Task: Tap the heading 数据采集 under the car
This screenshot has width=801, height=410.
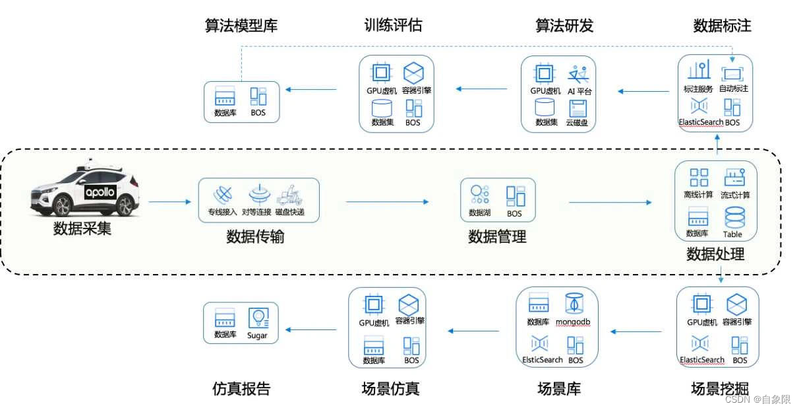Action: [82, 229]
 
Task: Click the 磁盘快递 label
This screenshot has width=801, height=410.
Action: [290, 213]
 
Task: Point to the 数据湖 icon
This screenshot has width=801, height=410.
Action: [479, 194]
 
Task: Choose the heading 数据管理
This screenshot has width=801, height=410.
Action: [497, 236]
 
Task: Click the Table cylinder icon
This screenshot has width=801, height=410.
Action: [734, 217]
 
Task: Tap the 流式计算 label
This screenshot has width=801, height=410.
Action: [735, 195]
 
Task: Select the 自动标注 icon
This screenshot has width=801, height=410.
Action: [732, 73]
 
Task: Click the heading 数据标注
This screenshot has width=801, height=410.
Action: [722, 26]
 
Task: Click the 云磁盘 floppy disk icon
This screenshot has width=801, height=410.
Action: [578, 108]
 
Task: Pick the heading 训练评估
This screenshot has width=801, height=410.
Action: [393, 26]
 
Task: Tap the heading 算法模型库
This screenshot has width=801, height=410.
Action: [241, 26]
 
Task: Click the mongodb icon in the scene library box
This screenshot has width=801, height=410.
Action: [573, 304]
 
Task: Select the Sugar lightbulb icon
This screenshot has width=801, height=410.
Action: [258, 318]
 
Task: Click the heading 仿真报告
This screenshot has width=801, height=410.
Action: [241, 389]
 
